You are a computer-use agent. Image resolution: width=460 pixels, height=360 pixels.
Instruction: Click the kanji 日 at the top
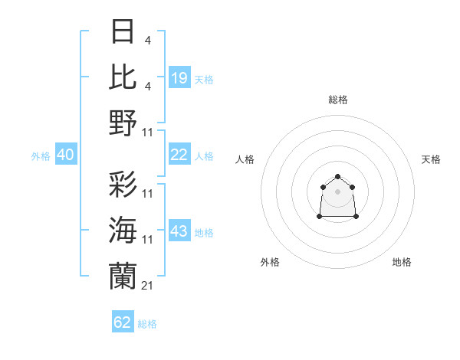(x=123, y=32)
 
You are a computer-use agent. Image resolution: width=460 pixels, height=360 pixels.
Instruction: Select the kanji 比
(x=123, y=77)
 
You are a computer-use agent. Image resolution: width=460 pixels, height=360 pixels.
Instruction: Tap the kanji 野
(x=123, y=122)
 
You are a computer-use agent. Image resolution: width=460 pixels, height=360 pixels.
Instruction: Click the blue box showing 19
(x=179, y=78)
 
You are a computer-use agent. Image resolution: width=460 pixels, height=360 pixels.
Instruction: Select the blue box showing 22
(x=179, y=155)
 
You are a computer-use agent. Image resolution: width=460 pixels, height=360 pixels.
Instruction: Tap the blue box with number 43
(x=179, y=231)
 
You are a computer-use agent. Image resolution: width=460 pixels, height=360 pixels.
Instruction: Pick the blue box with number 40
(x=65, y=155)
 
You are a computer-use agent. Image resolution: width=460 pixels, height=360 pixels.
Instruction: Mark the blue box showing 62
(x=123, y=322)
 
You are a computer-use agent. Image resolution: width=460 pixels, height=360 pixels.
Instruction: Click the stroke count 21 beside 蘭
(x=147, y=285)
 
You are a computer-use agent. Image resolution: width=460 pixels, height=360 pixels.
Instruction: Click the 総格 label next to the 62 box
(x=147, y=324)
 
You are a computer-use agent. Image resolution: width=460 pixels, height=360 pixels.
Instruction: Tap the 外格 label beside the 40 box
(x=41, y=156)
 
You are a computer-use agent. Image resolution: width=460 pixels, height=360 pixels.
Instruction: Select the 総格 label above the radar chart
(x=337, y=100)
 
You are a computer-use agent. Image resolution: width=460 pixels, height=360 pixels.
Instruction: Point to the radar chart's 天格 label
(x=431, y=159)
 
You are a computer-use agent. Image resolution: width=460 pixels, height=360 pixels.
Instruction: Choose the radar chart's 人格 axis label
(x=245, y=159)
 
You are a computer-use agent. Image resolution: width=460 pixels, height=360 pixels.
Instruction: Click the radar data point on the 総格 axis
(x=337, y=177)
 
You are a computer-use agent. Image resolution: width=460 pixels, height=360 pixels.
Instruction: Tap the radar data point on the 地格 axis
(x=356, y=217)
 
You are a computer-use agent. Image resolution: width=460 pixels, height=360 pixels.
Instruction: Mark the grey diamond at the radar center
(x=337, y=191)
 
